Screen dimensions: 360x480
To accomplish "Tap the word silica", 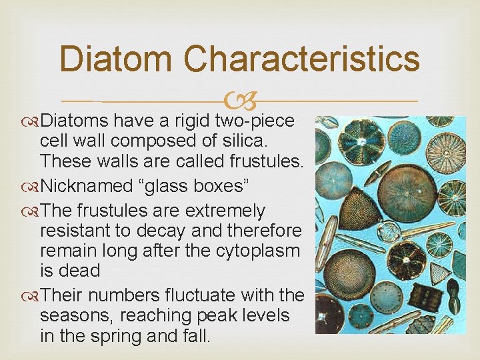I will [x=245, y=141].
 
